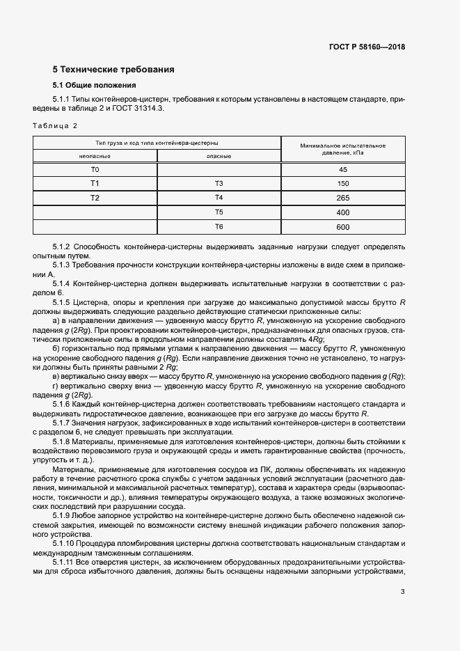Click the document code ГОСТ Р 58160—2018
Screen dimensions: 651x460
click(367, 47)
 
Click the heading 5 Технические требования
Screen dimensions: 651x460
click(113, 70)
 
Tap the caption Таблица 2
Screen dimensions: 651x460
click(56, 125)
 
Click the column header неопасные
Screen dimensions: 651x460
click(95, 157)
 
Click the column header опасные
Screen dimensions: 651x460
click(219, 157)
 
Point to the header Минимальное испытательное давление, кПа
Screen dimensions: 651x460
click(342, 150)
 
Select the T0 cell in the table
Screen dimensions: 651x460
click(95, 170)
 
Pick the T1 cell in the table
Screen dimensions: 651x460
click(95, 184)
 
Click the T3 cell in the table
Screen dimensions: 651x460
click(219, 184)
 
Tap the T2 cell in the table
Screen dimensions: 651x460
click(95, 198)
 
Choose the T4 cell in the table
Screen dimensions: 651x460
click(219, 198)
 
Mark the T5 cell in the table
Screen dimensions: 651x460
click(219, 212)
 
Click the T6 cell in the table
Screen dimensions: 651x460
click(219, 227)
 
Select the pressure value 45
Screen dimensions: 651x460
click(342, 170)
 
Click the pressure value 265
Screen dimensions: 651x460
click(342, 198)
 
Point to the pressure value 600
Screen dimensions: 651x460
click(342, 227)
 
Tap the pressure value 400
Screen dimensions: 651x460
click(342, 212)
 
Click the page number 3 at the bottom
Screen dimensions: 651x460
click(403, 592)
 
